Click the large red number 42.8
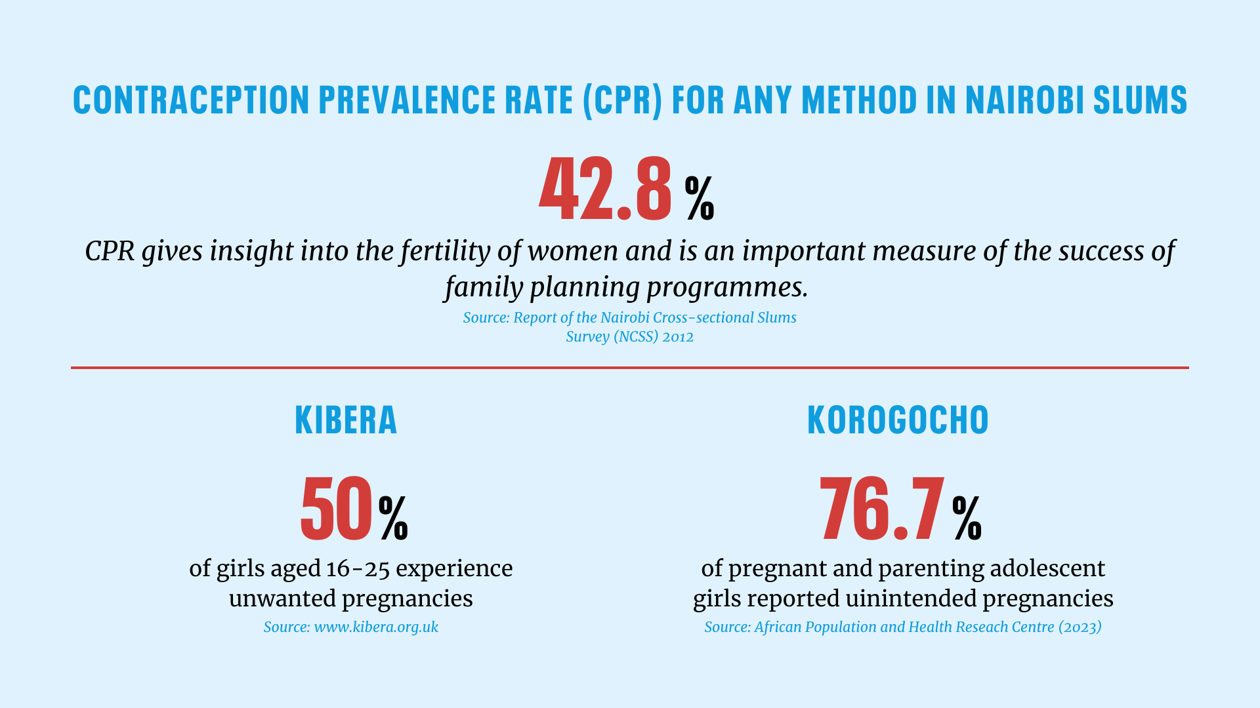pyautogui.click(x=605, y=189)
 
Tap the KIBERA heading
pyautogui.click(x=346, y=420)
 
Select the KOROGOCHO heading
pyautogui.click(x=897, y=420)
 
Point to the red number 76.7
pyautogui.click(x=882, y=509)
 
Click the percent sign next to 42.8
pyautogui.click(x=700, y=198)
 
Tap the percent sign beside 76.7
pyautogui.click(x=967, y=518)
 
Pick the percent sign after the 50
pyautogui.click(x=393, y=518)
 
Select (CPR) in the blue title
pyautogui.click(x=622, y=100)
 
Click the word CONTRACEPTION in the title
pyautogui.click(x=191, y=100)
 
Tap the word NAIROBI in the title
pyautogui.click(x=1024, y=100)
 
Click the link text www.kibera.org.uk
pyautogui.click(x=376, y=627)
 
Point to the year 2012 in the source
pyautogui.click(x=678, y=337)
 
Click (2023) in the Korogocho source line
pyautogui.click(x=1080, y=627)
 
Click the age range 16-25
pyautogui.click(x=358, y=568)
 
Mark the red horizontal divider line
pyautogui.click(x=630, y=368)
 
